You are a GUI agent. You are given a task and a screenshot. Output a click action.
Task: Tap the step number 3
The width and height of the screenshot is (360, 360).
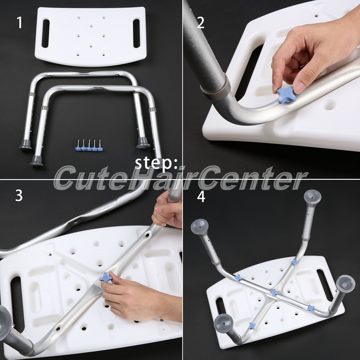(19, 195)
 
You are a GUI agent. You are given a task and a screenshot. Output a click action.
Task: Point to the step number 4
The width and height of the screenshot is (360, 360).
(201, 197)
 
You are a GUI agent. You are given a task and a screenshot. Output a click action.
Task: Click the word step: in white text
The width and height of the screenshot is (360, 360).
(156, 163)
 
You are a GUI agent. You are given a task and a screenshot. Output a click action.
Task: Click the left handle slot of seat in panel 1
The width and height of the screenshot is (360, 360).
(45, 33)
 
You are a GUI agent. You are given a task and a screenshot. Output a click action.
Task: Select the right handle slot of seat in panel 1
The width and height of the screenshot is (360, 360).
(136, 33)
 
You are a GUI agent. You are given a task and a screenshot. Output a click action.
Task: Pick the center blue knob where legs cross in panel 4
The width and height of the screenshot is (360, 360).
(274, 292)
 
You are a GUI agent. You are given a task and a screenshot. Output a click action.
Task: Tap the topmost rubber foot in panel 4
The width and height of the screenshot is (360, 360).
(312, 197)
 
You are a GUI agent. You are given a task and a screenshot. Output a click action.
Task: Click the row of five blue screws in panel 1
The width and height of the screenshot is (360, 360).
(89, 145)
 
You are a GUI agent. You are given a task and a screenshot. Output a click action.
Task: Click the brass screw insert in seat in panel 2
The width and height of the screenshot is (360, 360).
(316, 16)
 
